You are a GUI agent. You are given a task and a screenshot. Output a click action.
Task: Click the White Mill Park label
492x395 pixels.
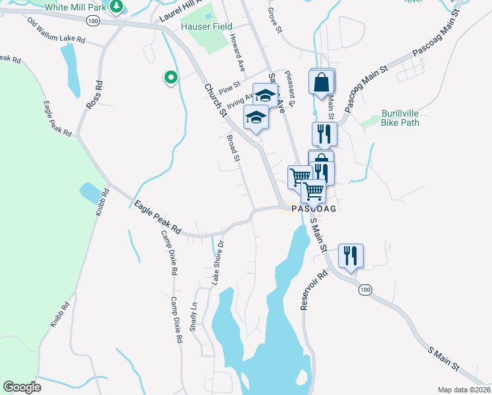coord(75,7)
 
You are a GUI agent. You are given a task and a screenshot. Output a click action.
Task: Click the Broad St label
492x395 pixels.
coord(234,148)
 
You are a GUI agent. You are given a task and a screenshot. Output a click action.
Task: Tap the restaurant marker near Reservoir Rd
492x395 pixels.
coord(351,255)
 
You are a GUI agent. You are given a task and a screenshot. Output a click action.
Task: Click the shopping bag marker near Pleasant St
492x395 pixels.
coord(322,83)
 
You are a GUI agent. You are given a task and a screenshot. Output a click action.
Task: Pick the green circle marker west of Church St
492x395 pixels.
coord(170,78)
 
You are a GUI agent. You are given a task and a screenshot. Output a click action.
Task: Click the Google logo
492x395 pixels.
coord(22,386)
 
